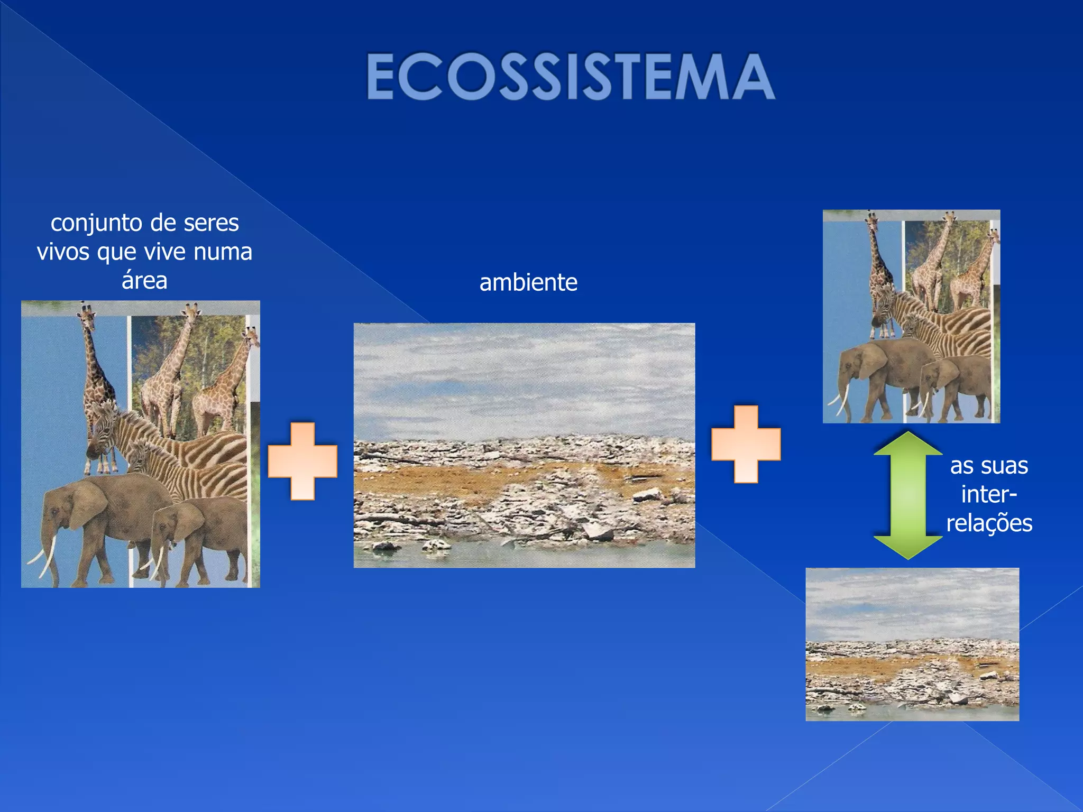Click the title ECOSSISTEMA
(571, 77)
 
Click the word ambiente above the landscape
(528, 282)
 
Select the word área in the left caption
(144, 280)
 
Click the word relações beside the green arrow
(989, 523)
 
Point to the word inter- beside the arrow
(989, 495)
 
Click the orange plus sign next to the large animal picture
(302, 461)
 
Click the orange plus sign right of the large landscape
(746, 444)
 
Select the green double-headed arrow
(907, 495)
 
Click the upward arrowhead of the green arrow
(907, 444)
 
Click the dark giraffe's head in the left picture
(87, 315)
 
